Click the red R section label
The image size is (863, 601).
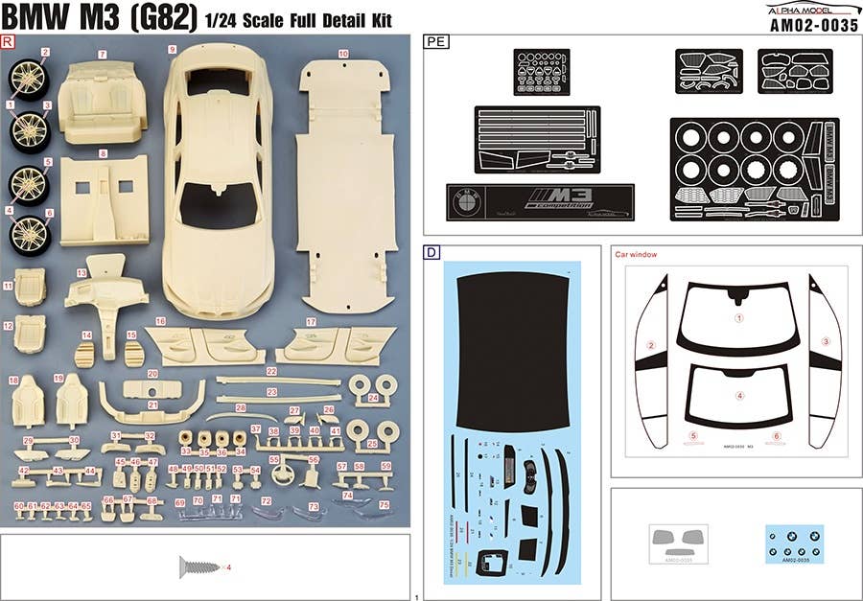tap(9, 42)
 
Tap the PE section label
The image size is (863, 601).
tap(435, 42)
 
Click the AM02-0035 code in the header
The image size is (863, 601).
tap(813, 26)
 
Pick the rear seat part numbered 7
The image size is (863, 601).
tap(103, 96)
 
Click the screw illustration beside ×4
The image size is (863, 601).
tap(196, 567)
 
